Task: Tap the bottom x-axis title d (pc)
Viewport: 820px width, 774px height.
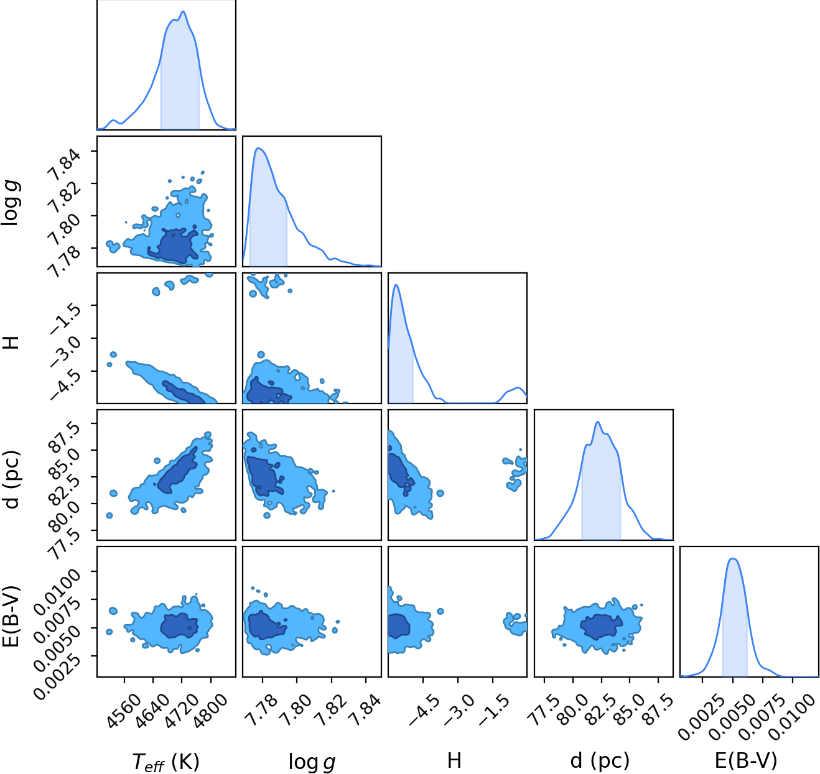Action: (x=600, y=759)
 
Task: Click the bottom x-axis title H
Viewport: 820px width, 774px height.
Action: (x=454, y=760)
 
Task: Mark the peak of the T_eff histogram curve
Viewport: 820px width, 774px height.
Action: (x=183, y=12)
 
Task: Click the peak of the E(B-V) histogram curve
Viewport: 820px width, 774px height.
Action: (x=734, y=559)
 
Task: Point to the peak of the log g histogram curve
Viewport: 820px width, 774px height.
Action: (x=258, y=148)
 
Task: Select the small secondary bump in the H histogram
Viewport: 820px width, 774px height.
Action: (x=518, y=388)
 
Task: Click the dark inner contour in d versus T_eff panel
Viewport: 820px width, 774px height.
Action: (x=178, y=471)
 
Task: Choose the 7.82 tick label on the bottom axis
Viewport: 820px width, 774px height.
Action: (x=331, y=706)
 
